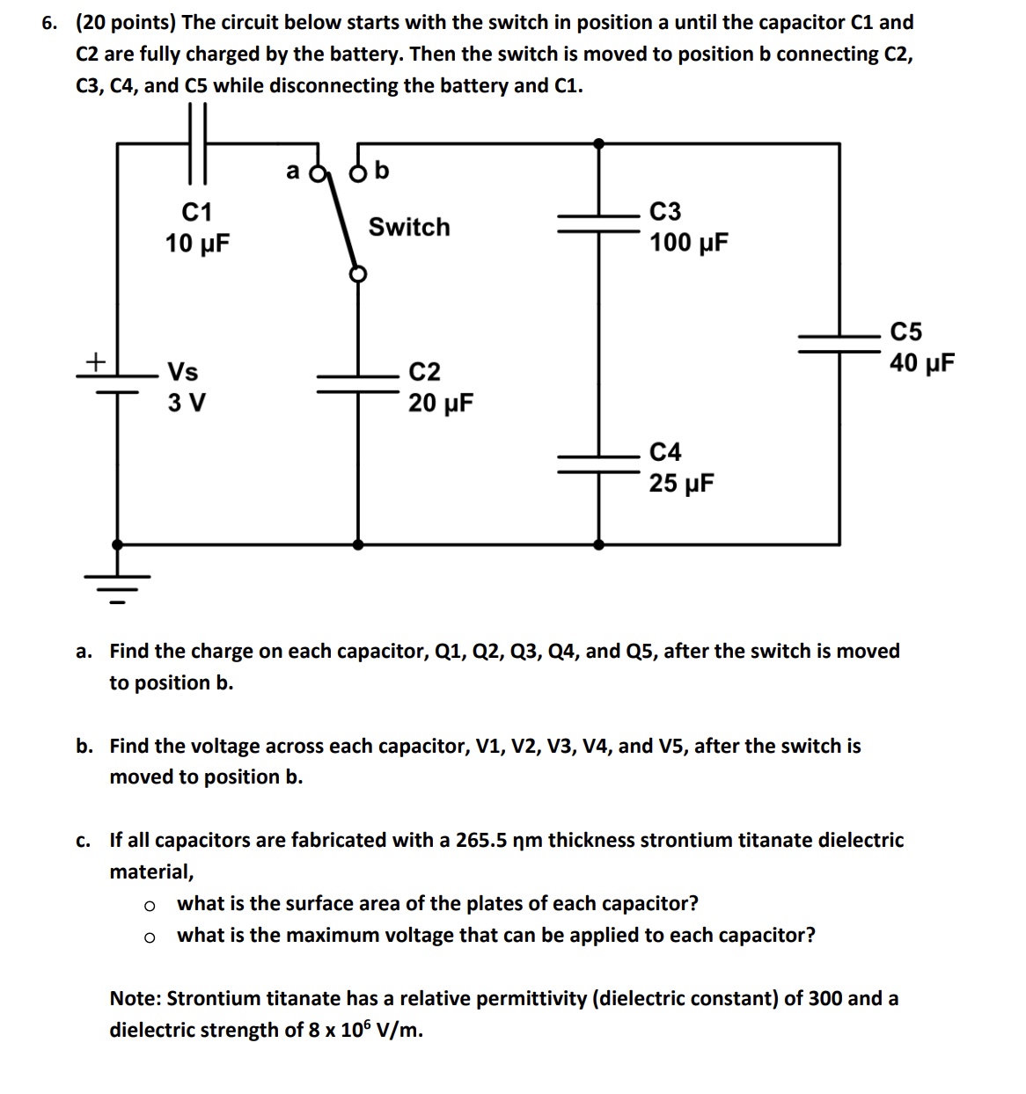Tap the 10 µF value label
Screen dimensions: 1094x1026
(x=197, y=244)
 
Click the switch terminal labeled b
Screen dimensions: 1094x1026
(x=358, y=171)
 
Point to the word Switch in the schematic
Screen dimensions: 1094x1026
(x=408, y=227)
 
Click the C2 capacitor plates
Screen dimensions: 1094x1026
(x=357, y=383)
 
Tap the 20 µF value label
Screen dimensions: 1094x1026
(x=441, y=404)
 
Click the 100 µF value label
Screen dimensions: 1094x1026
(x=689, y=244)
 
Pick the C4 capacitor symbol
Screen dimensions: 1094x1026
(x=599, y=462)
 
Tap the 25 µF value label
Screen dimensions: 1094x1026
(x=681, y=484)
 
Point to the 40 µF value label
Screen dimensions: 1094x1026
(x=921, y=363)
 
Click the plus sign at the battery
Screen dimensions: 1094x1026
(x=95, y=361)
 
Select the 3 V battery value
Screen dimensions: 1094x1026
(x=187, y=404)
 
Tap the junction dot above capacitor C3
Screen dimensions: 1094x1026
(x=599, y=142)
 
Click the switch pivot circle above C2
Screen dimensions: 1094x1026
(x=357, y=273)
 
